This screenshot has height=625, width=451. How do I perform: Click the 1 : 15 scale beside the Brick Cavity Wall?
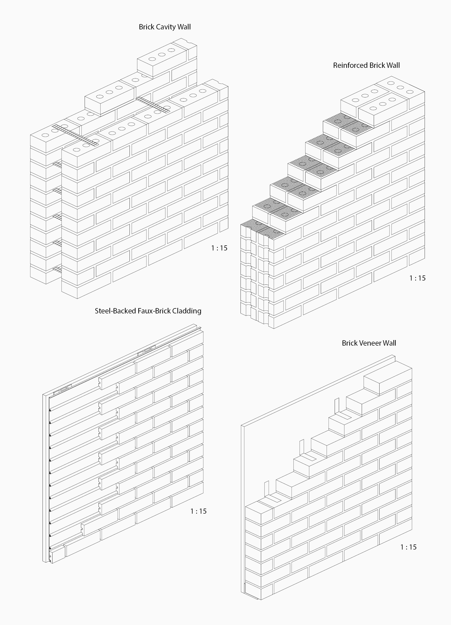click(219, 248)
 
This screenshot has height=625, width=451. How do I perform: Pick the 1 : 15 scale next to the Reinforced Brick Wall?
click(417, 278)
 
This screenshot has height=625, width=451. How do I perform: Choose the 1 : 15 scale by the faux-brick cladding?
click(198, 511)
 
